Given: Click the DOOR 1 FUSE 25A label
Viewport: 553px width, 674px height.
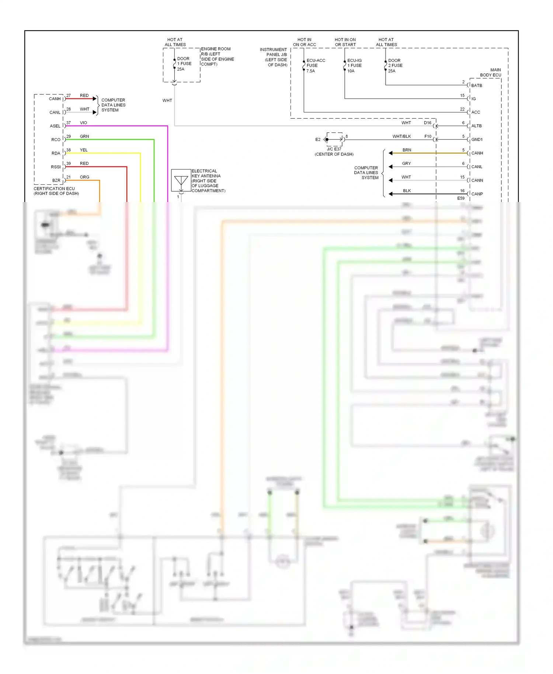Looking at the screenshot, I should pos(184,64).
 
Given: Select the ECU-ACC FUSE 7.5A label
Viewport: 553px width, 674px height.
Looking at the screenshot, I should pos(315,66).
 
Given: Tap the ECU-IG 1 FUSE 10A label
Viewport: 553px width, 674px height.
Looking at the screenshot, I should pos(354,66).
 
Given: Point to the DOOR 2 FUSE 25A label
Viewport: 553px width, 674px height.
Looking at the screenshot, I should pos(395,66).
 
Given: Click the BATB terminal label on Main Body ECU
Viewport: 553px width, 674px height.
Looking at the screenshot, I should pos(476,86).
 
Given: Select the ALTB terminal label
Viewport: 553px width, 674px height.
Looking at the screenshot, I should pos(476,126).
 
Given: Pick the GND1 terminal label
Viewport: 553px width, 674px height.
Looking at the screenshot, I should pos(477,140).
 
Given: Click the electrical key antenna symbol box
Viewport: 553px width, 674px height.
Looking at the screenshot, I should pos(181,180).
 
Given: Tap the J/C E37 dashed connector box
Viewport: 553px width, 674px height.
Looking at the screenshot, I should pos(334,139).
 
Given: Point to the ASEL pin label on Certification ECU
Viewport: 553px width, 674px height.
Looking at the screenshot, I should pos(55,126).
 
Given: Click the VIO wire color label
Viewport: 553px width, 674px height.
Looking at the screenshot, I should pos(83,123).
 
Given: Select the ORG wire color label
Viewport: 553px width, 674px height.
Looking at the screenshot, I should pos(84,177).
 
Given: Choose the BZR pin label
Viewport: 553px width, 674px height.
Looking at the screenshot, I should pos(56,181).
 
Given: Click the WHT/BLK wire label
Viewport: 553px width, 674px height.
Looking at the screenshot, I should pos(401,136).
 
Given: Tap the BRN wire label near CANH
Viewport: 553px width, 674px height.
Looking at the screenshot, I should pos(407,150).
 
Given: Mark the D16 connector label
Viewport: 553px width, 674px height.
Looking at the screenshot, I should pos(427,123).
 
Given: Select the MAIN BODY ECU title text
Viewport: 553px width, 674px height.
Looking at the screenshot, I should pos(491,73).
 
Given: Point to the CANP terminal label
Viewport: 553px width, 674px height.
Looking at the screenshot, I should pos(477,194).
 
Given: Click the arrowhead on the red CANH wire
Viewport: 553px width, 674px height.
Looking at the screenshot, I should pos(95,99).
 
